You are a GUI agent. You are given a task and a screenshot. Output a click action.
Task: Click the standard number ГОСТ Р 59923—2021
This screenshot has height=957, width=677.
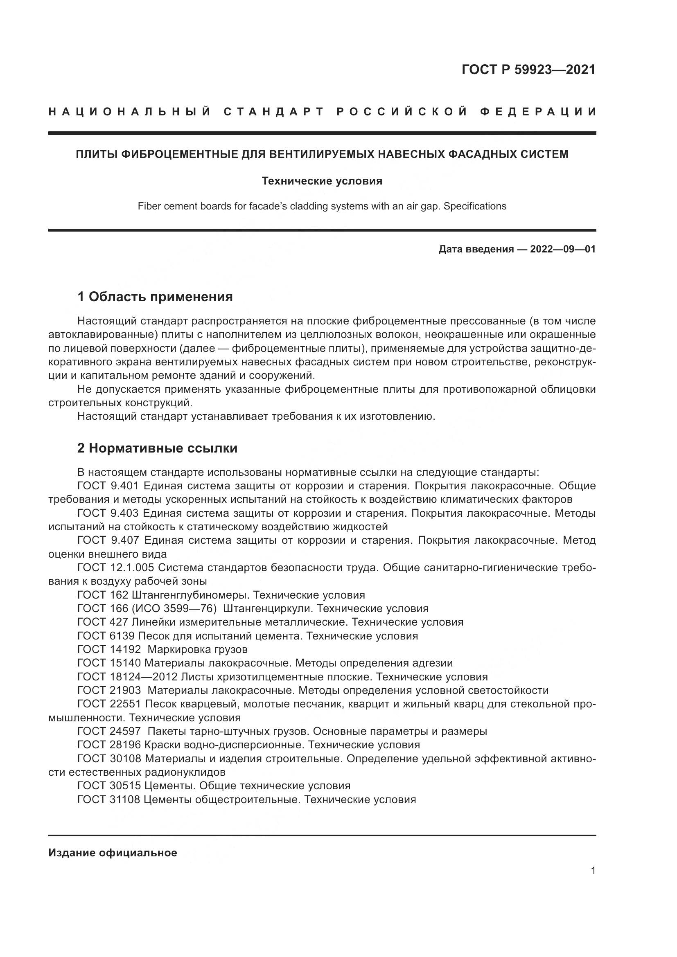[x=528, y=70]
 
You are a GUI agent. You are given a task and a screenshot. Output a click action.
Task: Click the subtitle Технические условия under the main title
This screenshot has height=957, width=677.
[x=322, y=181]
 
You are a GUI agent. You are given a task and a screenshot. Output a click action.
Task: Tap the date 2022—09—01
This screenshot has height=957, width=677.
[x=562, y=249]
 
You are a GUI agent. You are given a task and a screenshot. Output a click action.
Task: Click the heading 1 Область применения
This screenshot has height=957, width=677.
[x=155, y=297]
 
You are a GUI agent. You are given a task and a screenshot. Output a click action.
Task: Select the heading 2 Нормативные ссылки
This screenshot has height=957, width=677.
[x=157, y=448]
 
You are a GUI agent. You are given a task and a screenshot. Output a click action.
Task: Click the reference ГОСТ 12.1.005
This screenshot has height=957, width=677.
[x=115, y=568]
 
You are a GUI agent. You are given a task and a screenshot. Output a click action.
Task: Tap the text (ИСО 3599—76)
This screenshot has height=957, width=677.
[x=174, y=608]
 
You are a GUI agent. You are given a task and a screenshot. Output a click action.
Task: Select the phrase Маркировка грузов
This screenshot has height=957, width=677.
[x=197, y=649]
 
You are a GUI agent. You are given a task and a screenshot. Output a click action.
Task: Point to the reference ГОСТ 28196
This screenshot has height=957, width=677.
[x=109, y=745]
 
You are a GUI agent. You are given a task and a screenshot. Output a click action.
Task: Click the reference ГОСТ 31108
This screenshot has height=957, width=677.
[x=109, y=799]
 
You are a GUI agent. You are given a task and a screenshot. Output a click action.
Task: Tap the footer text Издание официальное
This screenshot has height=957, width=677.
[x=113, y=853]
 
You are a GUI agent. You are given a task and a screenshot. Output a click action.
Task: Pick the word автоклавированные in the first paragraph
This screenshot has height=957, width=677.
[x=103, y=335]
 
